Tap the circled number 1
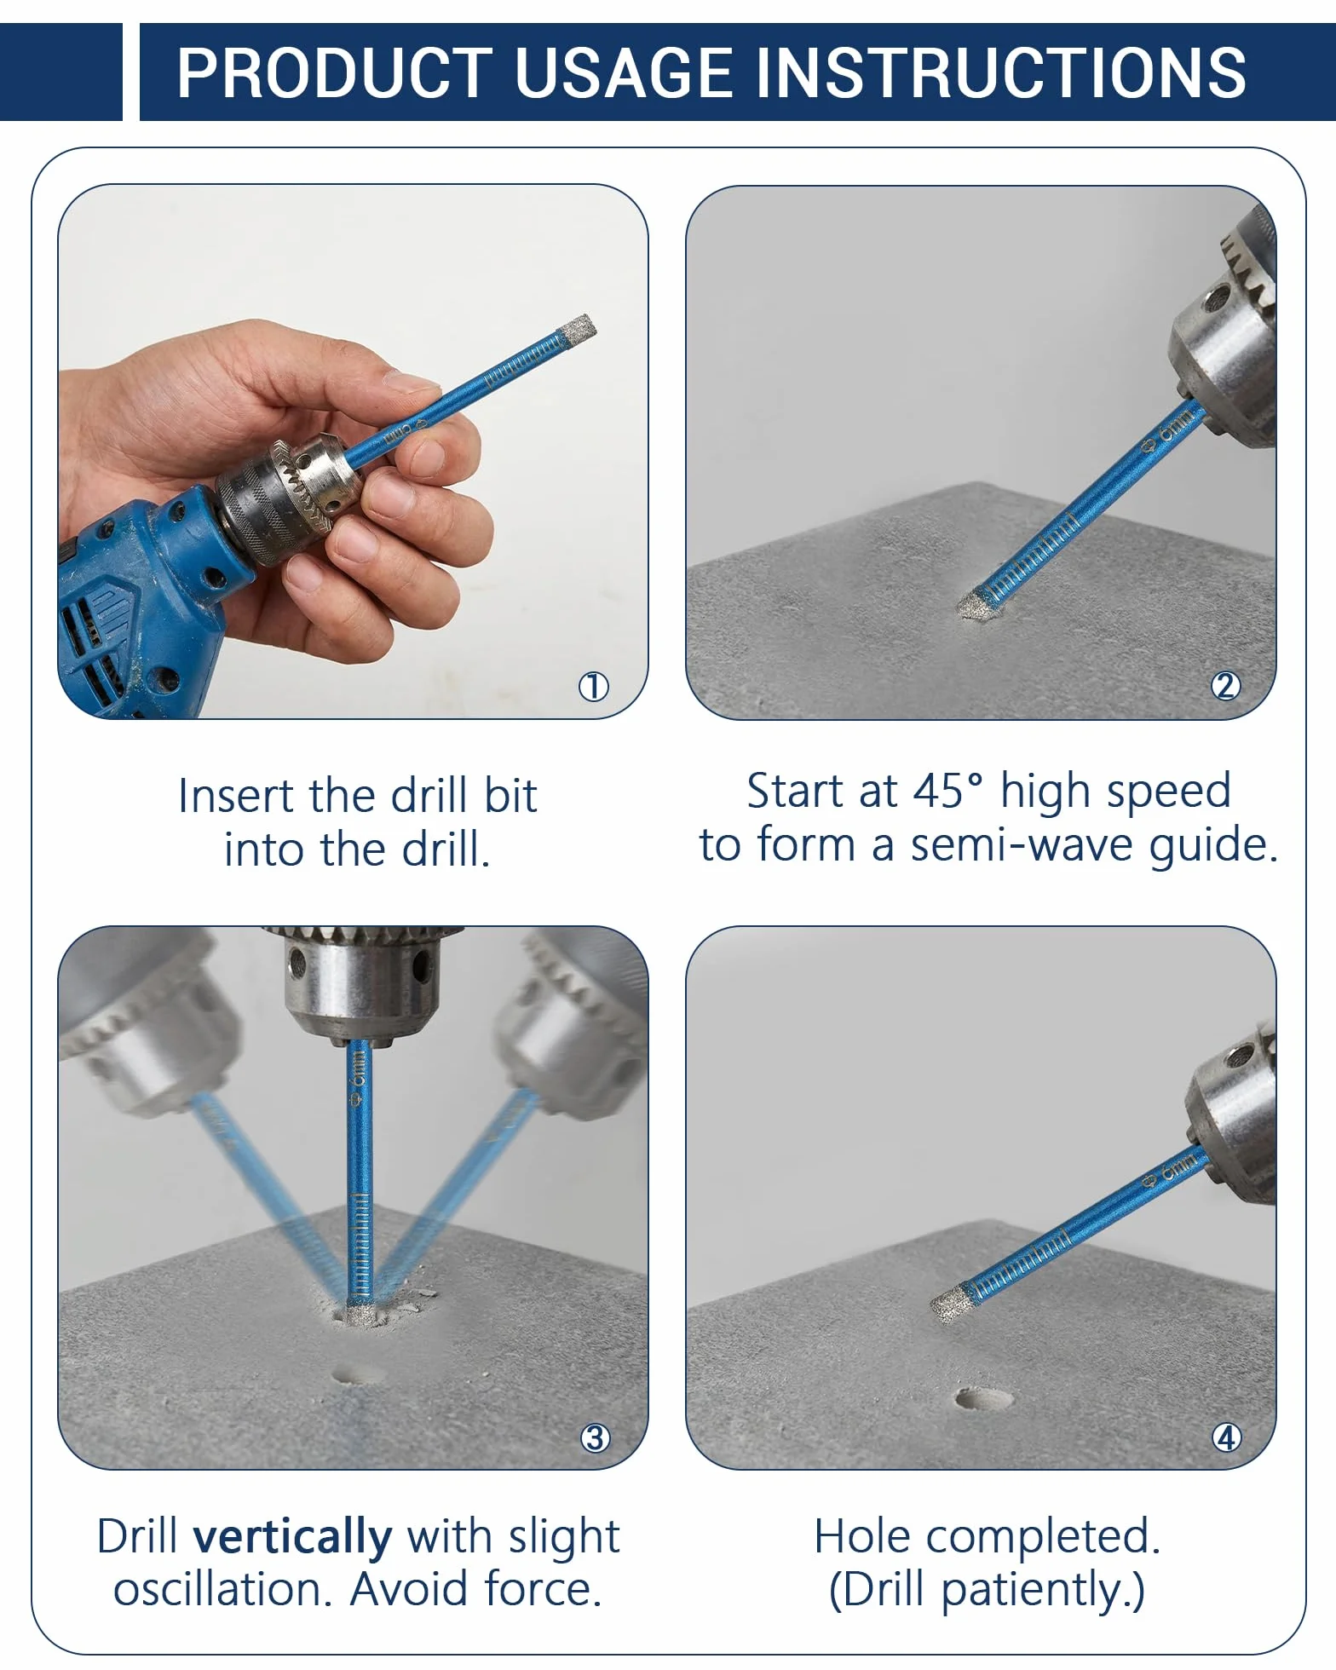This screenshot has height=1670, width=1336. point(594,687)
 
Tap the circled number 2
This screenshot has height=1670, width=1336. point(1225,687)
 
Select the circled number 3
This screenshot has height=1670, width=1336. point(595,1438)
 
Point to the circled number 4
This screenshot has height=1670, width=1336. point(1226,1438)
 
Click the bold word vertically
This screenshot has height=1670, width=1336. point(293,1538)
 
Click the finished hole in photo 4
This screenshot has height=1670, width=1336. point(982,1400)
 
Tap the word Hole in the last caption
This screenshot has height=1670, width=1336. point(863,1537)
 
